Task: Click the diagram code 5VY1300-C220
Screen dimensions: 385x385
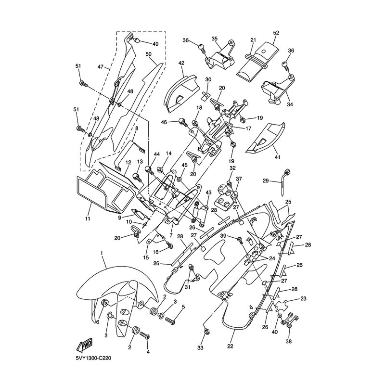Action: tap(93, 358)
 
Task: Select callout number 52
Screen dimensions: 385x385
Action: tap(276, 33)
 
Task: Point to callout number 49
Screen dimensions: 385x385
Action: tap(155, 44)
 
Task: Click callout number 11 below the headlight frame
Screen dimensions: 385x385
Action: tap(88, 218)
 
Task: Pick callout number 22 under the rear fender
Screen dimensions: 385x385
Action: tap(230, 346)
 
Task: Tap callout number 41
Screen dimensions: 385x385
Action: tap(278, 157)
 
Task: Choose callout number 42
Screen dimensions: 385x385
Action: tap(181, 63)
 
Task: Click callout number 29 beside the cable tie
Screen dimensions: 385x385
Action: tap(266, 181)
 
